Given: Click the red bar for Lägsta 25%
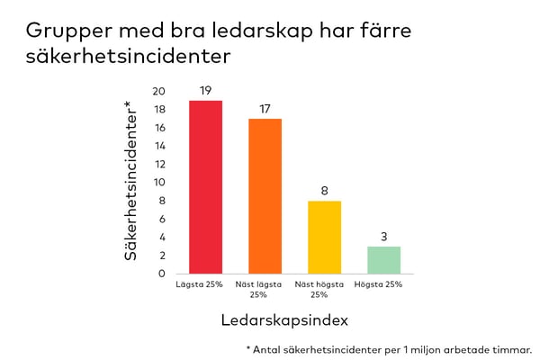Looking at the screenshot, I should tap(205, 187).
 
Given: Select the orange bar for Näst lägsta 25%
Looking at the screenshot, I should tap(265, 196).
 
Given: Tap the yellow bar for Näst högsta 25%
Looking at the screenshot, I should tap(324, 237).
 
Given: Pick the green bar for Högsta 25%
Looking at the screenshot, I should tap(383, 259).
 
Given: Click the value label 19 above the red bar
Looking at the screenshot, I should tap(205, 90).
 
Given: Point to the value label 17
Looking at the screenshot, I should tap(265, 109).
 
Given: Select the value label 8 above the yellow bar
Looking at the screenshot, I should tap(324, 191).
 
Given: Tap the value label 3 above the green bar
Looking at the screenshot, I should tap(383, 236).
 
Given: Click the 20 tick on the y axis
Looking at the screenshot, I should tap(159, 91).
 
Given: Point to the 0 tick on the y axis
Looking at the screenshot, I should tap(162, 274).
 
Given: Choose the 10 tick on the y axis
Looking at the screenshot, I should tap(159, 183).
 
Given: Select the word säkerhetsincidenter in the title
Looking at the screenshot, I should tap(129, 56).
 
